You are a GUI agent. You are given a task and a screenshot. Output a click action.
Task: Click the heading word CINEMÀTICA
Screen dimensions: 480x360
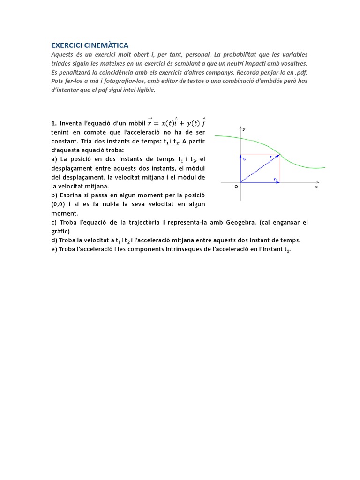tap(106, 45)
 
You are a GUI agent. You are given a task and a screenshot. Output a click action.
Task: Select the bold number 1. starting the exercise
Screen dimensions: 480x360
tap(54, 123)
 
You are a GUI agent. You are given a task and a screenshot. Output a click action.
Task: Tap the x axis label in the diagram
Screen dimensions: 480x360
tap(316, 187)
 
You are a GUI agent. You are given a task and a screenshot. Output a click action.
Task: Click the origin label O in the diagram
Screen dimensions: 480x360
tap(236, 186)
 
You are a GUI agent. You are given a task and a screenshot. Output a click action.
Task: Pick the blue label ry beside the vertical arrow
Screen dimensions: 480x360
tap(244, 159)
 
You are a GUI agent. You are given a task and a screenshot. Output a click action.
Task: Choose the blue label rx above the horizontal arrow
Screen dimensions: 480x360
tap(275, 179)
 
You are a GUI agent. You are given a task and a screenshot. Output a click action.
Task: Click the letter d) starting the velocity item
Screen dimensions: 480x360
tap(54, 240)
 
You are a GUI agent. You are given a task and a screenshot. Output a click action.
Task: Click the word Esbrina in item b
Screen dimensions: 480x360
tap(69, 195)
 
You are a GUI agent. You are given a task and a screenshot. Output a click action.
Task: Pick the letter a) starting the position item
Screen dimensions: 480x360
tap(54, 159)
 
